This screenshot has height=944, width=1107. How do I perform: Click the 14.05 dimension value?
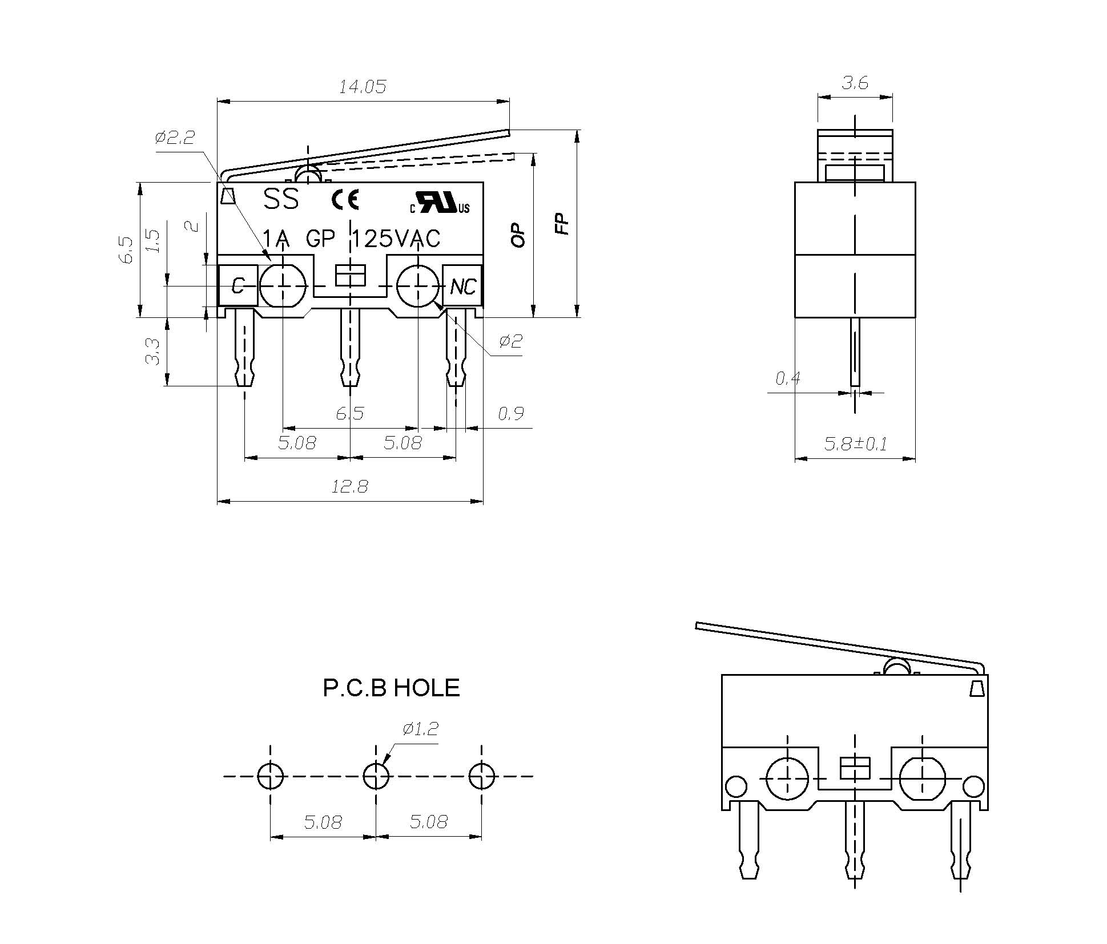[x=363, y=87]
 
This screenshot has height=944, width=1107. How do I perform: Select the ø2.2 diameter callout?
[x=175, y=138]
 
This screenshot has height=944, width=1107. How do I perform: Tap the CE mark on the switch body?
[x=345, y=200]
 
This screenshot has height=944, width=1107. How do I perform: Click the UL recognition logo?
[x=440, y=202]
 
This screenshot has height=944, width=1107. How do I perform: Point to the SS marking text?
[x=281, y=199]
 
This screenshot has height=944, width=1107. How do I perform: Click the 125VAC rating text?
[x=396, y=239]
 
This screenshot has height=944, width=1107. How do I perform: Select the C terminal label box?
[x=237, y=285]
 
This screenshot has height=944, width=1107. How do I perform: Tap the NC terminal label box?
[x=462, y=286]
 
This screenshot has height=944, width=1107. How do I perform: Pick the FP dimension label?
[x=563, y=224]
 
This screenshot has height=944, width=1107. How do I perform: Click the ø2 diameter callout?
[x=510, y=341]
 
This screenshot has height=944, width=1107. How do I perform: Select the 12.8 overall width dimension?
[x=350, y=487]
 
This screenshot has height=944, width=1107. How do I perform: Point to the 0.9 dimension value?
[x=510, y=413]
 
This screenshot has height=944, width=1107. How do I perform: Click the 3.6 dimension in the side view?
[x=855, y=83]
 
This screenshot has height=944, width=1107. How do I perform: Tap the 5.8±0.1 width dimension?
[x=855, y=443]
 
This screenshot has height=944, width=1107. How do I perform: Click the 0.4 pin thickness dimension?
[x=787, y=378]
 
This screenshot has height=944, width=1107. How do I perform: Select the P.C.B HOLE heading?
[x=391, y=688]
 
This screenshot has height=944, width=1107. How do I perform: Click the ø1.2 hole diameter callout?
[x=420, y=729]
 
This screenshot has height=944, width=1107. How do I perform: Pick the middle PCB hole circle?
[x=376, y=776]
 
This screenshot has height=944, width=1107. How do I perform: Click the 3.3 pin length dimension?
[x=152, y=351]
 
